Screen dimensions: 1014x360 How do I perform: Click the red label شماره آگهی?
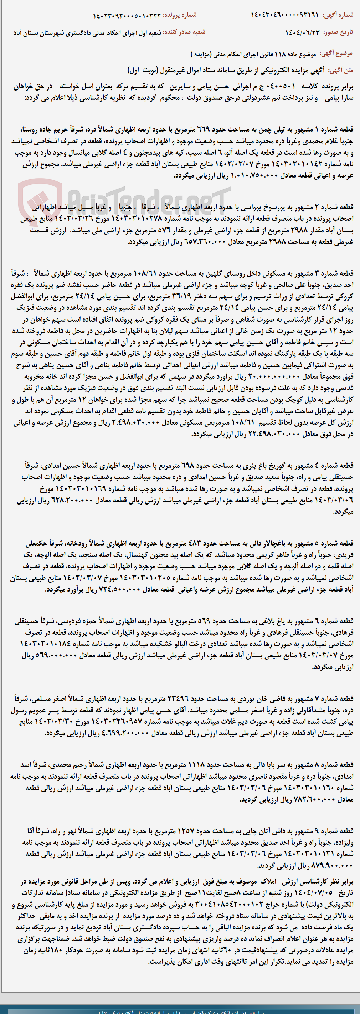(x=338, y=15)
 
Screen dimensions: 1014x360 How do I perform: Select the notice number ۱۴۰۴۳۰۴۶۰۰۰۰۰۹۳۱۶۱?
(x=284, y=15)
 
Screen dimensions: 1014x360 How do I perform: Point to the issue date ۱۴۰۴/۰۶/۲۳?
(x=303, y=32)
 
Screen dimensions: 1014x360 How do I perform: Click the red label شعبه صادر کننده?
(x=184, y=32)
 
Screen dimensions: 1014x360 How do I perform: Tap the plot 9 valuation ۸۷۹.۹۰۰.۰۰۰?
(x=324, y=866)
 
